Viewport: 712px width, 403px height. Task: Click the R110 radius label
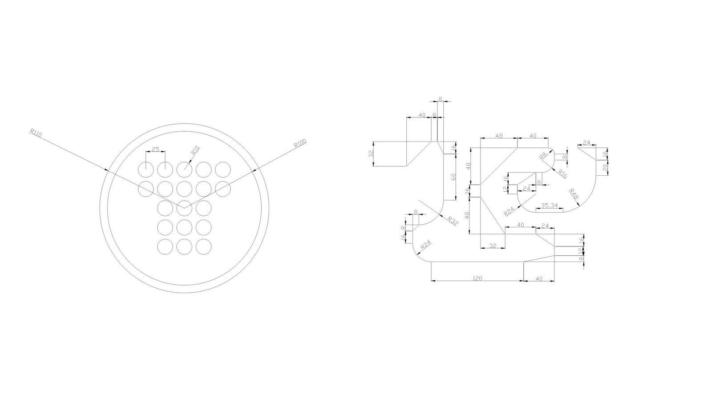36,133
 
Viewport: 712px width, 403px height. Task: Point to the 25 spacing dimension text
156,149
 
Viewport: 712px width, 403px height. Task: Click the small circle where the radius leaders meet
184,208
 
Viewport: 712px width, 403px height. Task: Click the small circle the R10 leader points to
184,169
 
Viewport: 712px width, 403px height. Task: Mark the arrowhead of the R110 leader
107,169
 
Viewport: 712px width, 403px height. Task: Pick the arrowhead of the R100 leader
252,169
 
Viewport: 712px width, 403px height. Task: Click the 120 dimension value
477,278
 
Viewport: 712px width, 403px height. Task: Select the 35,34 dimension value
549,205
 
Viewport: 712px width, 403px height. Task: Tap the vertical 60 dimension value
453,177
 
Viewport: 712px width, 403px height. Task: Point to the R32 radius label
453,221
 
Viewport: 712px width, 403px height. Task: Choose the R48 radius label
574,193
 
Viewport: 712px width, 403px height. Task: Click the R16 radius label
562,174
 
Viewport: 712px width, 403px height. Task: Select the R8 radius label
542,156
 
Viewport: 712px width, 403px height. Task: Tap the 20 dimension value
605,168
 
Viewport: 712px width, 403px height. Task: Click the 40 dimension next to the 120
539,278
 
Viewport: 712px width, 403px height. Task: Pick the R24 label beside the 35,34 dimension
509,212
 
